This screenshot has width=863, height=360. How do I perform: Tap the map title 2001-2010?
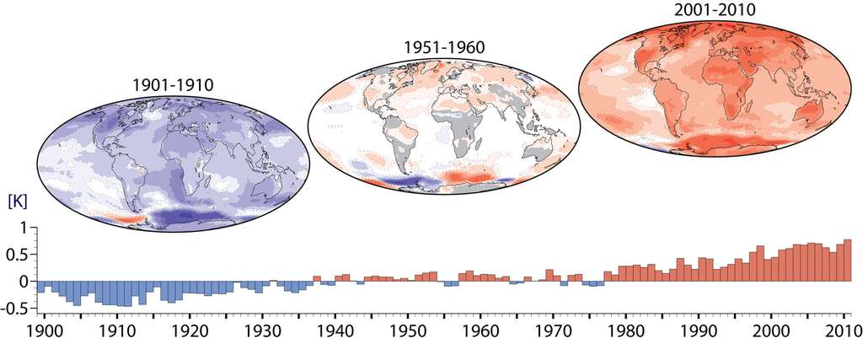coord(715,10)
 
